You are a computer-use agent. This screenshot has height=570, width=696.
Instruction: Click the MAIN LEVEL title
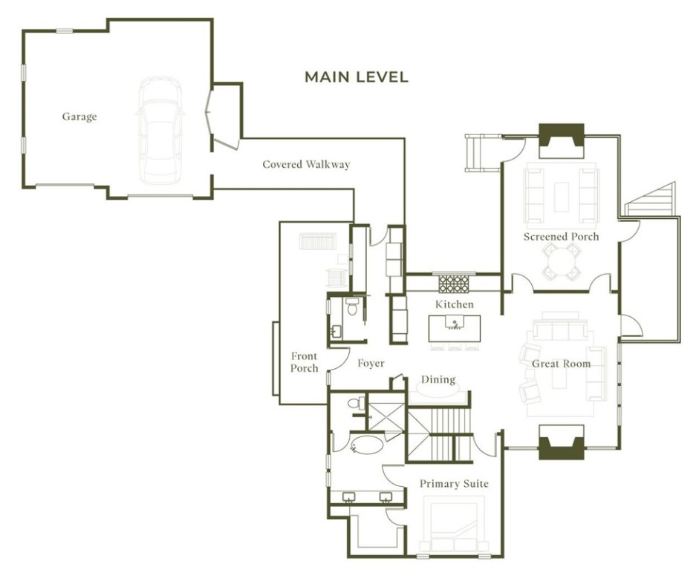click(357, 77)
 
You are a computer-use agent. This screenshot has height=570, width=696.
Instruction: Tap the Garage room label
click(79, 117)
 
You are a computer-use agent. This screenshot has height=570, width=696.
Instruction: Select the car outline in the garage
click(159, 130)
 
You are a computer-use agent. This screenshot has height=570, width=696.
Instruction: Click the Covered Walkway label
click(305, 164)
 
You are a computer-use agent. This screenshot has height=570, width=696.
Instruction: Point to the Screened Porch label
click(561, 237)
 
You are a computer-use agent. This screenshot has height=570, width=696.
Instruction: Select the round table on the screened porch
click(562, 261)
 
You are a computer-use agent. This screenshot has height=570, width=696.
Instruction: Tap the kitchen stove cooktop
click(454, 284)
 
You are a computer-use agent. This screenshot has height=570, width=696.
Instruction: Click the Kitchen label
click(454, 304)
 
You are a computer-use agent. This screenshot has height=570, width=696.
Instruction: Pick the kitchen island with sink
click(454, 327)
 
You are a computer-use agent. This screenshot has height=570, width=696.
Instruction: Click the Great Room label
click(561, 364)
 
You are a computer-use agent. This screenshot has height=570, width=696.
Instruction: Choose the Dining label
click(438, 379)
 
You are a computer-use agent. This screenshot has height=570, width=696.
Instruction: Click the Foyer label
click(371, 364)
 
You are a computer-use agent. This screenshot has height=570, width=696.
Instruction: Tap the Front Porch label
click(305, 362)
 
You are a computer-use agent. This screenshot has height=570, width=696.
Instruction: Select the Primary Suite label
click(454, 484)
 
